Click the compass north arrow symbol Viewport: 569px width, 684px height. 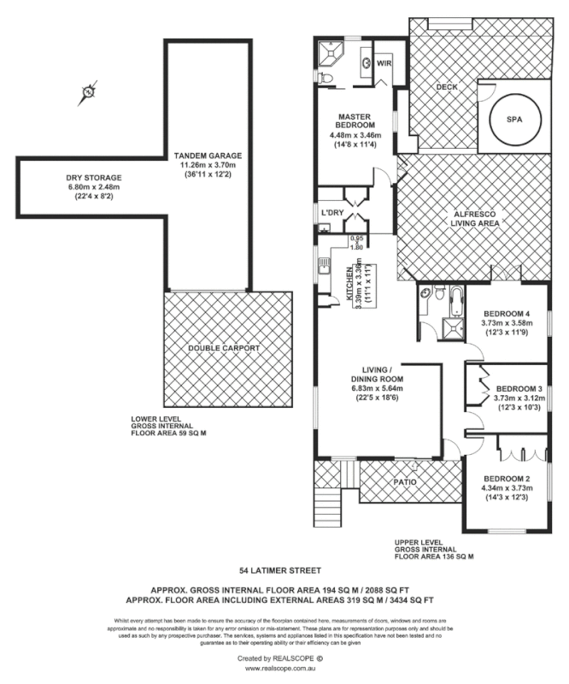pyautogui.click(x=87, y=93)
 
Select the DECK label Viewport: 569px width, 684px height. pyautogui.click(x=447, y=87)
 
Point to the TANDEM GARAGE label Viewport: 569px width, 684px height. pyautogui.click(x=208, y=156)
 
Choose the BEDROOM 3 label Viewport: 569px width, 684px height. pyautogui.click(x=519, y=386)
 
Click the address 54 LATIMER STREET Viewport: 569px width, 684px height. pyautogui.click(x=280, y=569)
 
